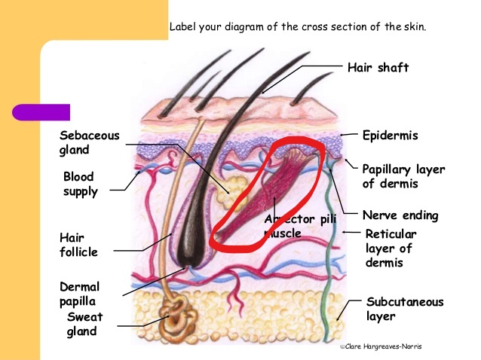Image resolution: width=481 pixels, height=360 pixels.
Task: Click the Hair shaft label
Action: click(378, 69)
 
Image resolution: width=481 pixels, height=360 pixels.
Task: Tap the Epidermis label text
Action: click(390, 136)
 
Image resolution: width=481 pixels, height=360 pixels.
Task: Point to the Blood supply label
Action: click(80, 184)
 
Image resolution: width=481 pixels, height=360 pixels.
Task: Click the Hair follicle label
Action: click(78, 245)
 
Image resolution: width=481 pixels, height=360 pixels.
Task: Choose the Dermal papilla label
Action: click(79, 294)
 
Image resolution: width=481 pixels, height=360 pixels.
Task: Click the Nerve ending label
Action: click(400, 215)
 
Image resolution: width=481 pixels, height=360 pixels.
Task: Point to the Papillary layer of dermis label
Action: click(403, 176)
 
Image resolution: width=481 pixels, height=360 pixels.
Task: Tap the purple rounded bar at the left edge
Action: click(41, 112)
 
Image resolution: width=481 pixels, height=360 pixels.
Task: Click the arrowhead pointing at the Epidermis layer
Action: click(342, 136)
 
